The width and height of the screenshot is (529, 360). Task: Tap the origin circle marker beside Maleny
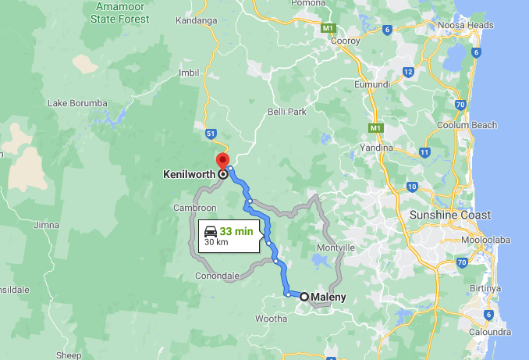tap(304, 297)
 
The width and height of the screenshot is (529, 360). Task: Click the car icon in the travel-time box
tap(210, 231)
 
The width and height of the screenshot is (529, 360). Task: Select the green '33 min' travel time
tap(236, 231)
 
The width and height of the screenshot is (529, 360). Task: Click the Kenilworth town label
tap(190, 174)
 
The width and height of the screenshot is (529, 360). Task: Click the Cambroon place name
tap(195, 208)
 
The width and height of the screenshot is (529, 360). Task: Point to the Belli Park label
tap(286, 112)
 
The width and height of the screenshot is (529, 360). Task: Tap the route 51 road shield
tap(211, 134)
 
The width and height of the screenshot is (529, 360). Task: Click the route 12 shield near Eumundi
tap(408, 72)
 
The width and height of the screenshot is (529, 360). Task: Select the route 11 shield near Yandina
tap(424, 151)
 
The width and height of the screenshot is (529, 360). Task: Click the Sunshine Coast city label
tap(450, 215)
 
